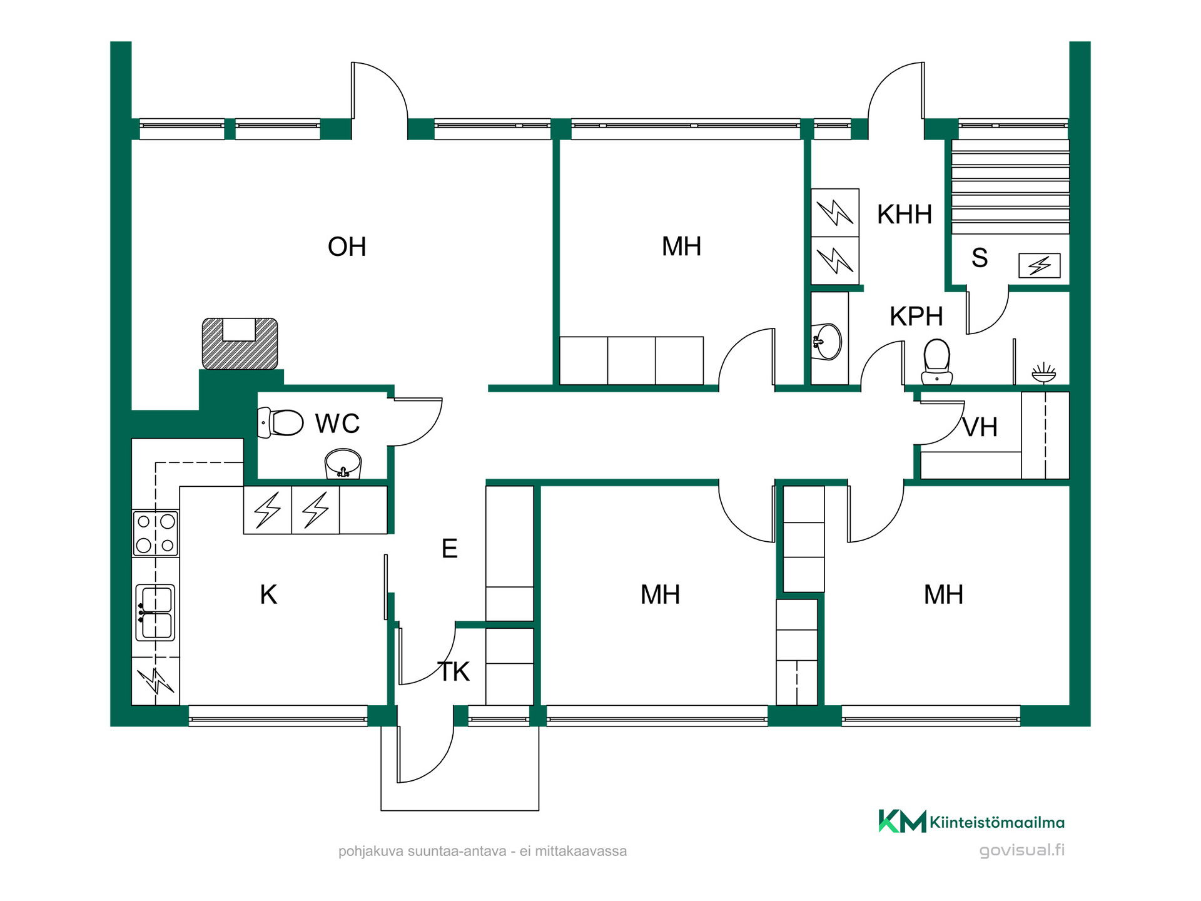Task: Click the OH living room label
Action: pos(347,247)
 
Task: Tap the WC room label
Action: pos(337,424)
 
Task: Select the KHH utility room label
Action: pos(905,214)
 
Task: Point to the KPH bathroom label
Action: pos(916,317)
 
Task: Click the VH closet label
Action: pos(980,427)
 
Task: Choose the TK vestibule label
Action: pos(454,672)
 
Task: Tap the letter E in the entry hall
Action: pos(449,548)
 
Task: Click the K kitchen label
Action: pos(268,594)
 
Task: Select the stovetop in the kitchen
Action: pos(156,534)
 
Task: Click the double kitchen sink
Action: pos(155,613)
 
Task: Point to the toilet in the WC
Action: pos(281,422)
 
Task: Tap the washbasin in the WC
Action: pos(343,464)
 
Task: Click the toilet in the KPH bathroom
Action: pos(937,362)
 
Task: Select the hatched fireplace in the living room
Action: pos(240,344)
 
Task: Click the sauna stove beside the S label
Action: pos(1040,265)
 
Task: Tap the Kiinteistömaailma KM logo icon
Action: pos(902,821)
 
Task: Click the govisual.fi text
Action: pos(1021,850)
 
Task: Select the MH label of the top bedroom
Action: pos(681,247)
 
